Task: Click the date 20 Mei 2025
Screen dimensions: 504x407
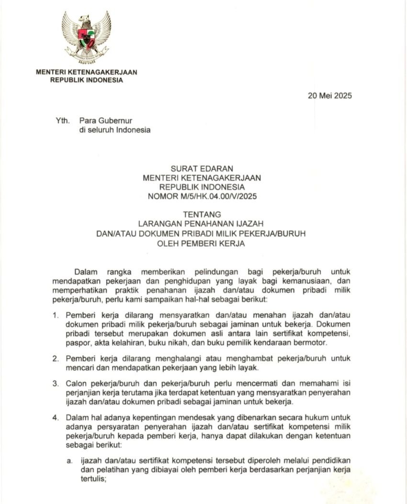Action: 329,95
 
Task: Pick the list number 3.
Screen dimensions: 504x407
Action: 56,383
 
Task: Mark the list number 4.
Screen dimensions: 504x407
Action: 56,417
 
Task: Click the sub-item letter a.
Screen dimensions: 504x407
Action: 69,460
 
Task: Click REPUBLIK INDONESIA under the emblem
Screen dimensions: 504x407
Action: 87,80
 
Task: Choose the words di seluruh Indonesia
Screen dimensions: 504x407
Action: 114,130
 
